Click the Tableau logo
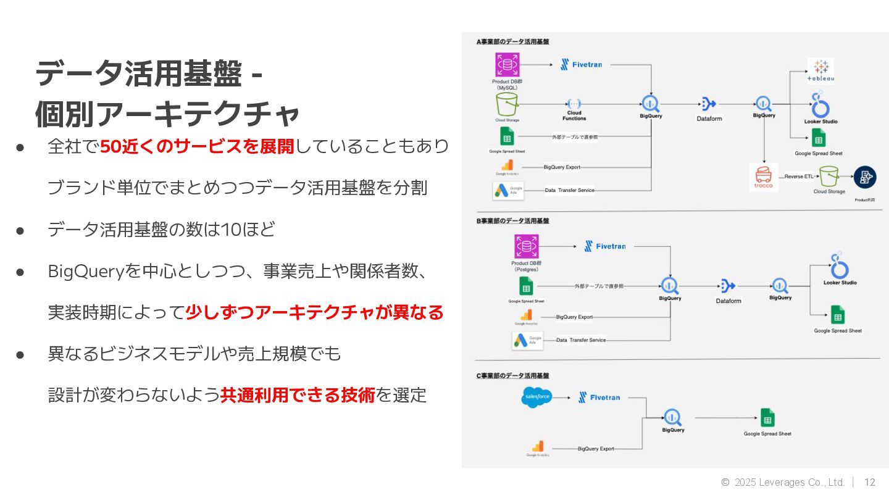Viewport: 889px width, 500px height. coord(820,70)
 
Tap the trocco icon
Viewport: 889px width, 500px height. coord(763,177)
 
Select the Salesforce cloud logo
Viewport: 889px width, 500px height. coord(536,396)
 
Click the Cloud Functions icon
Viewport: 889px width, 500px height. coord(574,104)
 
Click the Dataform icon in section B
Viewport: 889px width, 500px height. coord(728,286)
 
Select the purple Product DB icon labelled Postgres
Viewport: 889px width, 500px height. coord(527,247)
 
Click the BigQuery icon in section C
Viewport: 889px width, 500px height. coord(672,417)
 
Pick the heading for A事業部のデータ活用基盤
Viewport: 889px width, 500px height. coord(512,42)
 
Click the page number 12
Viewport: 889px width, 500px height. coord(870,482)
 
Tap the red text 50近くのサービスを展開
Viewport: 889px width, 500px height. coord(197,146)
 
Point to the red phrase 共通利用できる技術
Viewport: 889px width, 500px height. coord(298,395)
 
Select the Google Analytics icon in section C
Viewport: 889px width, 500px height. coord(538,446)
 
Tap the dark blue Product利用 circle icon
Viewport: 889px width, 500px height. coord(864,177)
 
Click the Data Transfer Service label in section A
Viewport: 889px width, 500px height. coord(569,190)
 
